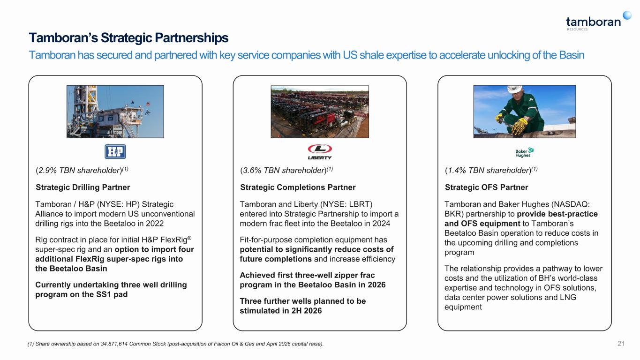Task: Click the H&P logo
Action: click(115, 152)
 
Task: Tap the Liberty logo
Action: click(320, 152)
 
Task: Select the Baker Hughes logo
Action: click(524, 152)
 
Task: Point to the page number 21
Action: click(621, 344)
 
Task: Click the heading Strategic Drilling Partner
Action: click(83, 187)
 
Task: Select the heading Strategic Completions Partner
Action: click(298, 187)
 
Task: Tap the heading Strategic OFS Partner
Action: click(486, 187)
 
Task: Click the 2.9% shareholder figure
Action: click(47, 170)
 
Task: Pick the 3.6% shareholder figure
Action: click(252, 170)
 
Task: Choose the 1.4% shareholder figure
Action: click(457, 170)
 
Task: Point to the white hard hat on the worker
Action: click(515, 89)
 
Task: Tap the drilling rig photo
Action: click(115, 112)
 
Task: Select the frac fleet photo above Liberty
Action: click(320, 112)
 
